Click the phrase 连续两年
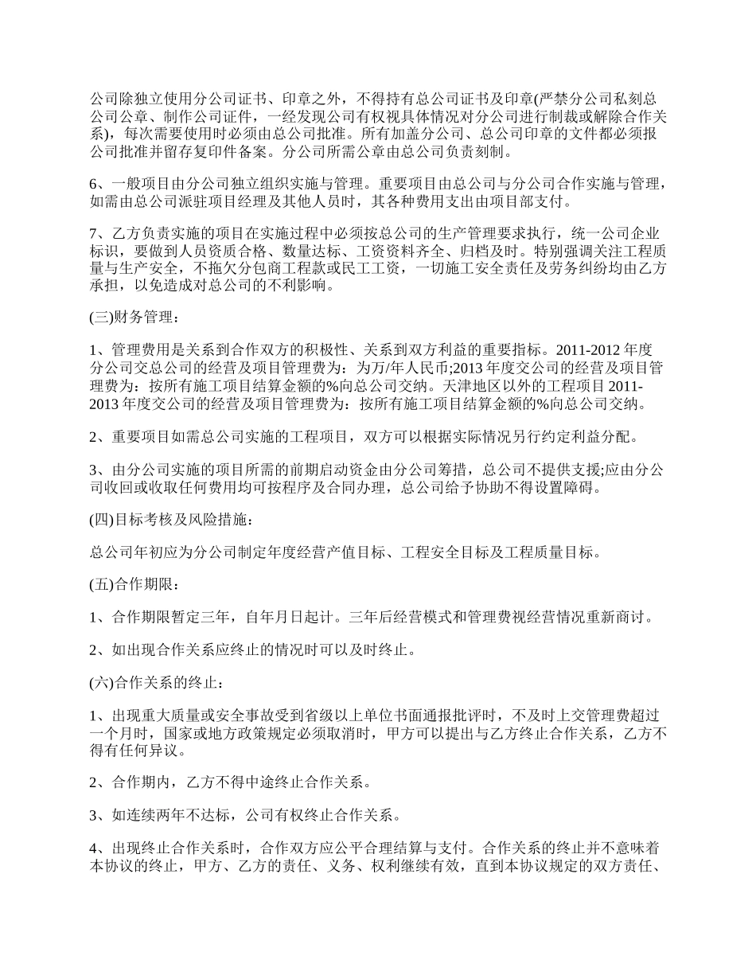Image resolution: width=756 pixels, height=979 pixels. [150, 815]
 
